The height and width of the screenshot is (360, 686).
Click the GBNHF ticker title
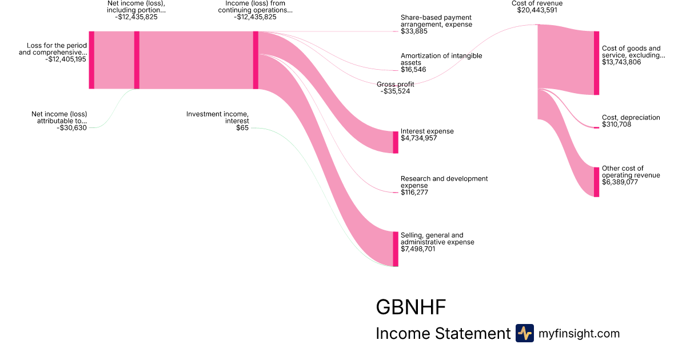coord(410,307)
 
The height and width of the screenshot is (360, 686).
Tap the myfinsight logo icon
coord(524,333)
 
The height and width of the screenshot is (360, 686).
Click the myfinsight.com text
coord(579,333)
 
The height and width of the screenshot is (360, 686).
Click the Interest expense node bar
coord(396,142)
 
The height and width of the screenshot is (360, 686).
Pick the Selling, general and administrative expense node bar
coord(396,249)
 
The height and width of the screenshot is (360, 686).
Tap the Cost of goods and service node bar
coord(597,63)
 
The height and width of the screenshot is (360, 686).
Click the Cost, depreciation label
coord(631,117)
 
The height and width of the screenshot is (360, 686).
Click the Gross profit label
coord(395,85)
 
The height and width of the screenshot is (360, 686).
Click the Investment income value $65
coord(242,128)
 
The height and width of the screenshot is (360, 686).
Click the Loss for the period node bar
coord(91,60)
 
